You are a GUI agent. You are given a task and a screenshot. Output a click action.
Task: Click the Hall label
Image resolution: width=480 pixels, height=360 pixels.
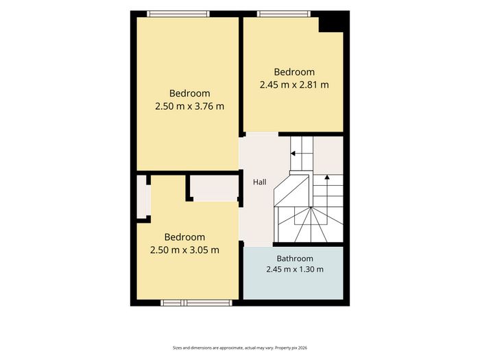[x=260, y=182]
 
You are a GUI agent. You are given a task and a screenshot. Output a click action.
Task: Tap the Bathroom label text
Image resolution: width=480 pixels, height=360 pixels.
[x=295, y=259]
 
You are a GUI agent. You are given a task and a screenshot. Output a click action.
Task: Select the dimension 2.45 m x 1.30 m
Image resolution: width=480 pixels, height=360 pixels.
[x=295, y=269]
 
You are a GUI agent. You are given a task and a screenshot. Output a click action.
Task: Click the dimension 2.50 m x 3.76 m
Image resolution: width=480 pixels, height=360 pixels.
[x=189, y=106]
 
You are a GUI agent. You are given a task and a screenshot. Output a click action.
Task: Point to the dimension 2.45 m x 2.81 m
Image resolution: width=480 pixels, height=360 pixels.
[x=294, y=85]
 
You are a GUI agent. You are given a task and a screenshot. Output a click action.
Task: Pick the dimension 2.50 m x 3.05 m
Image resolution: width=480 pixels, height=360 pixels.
[x=184, y=250]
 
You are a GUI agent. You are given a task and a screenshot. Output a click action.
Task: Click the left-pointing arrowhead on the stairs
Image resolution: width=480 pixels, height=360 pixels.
[x=293, y=154]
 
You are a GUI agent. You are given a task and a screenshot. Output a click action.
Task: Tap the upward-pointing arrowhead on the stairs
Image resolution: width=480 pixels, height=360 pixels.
[x=327, y=177]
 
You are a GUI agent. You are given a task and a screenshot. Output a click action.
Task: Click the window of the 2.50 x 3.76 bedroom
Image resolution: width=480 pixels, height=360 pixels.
[x=178, y=14]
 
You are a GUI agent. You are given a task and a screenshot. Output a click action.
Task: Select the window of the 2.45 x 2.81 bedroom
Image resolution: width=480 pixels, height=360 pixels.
[x=284, y=14]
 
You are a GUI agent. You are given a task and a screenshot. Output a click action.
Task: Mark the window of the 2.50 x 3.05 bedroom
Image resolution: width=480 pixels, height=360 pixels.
[x=197, y=303]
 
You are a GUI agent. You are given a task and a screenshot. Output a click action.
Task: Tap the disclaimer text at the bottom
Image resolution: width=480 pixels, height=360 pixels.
[x=240, y=348]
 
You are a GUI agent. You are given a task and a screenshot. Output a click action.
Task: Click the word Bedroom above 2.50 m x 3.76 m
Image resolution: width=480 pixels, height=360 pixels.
[x=189, y=93]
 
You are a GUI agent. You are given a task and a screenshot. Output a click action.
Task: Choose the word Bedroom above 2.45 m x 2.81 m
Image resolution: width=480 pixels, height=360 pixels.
[x=294, y=72]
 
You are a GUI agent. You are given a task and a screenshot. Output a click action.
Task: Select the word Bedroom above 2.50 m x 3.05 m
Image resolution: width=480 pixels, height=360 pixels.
[x=184, y=237]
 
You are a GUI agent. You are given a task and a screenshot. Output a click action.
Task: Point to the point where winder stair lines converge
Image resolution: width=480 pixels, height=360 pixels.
[x=311, y=208]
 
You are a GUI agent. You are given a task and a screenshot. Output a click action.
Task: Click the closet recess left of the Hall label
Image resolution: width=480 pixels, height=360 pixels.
[x=214, y=188]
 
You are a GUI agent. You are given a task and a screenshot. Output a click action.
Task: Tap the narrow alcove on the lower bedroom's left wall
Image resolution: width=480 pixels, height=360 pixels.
[x=141, y=197]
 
